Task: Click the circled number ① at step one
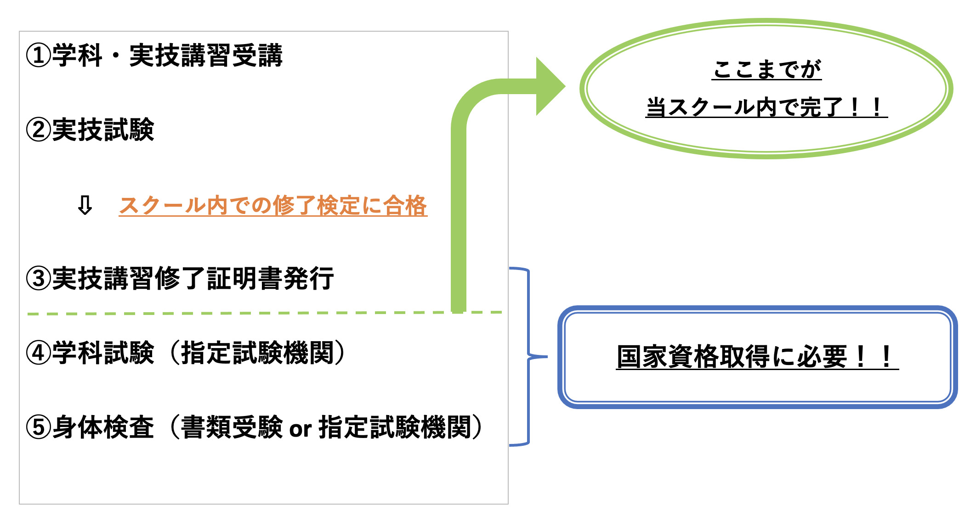coord(38,56)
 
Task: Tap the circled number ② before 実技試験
coord(38,130)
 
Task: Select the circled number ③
coord(38,279)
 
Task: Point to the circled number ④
coord(38,353)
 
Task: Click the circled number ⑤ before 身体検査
coord(38,427)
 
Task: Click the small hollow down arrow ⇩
coord(85,205)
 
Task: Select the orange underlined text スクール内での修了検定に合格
coord(273,205)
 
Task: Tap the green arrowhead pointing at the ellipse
coord(550,86)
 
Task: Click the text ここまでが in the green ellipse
coord(766,70)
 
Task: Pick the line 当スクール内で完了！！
coord(766,107)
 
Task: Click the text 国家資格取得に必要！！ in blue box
coord(757,357)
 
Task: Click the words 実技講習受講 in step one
coord(205,56)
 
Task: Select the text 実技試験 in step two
coord(103,130)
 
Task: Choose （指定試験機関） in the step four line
coord(257,353)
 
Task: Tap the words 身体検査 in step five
coord(103,427)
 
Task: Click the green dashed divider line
coord(230,314)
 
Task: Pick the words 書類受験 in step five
coord(232,427)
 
